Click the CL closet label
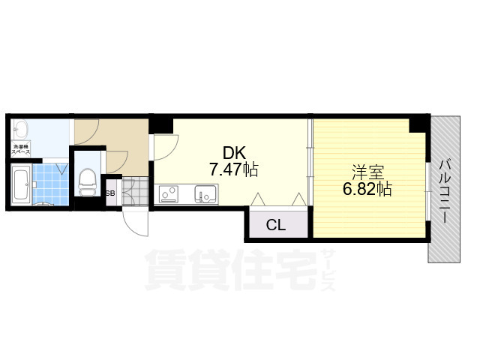276,224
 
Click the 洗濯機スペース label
20,148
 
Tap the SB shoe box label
110,193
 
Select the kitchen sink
205,194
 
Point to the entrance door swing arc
135,221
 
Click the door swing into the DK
161,146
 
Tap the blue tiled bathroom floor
52,184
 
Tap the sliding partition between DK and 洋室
310,161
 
